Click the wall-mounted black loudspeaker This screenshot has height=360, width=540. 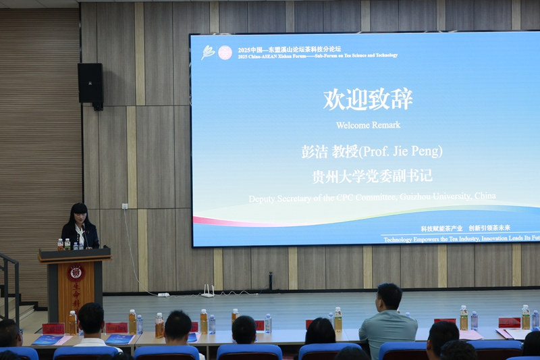tap(90, 83)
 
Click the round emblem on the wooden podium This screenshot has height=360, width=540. tap(76, 273)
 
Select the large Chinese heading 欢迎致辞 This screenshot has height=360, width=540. tap(368, 99)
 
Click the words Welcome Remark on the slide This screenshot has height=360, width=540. tap(368, 125)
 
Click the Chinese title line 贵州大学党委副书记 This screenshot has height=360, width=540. tap(372, 176)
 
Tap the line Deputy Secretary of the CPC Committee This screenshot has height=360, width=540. tap(372, 197)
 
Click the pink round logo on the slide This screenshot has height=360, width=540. tap(225, 52)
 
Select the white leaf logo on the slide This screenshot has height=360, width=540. tap(208, 52)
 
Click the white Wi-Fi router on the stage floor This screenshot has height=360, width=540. tap(207, 292)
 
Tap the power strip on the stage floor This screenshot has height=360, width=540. tap(163, 294)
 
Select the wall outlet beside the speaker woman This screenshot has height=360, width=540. tap(125, 206)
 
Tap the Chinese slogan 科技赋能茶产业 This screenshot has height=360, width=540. tap(441, 228)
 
